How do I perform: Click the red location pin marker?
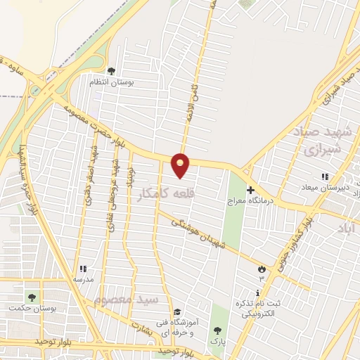181,165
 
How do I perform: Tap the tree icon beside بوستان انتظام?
111,70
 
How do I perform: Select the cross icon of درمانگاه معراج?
250,190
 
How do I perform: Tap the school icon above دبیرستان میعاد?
324,176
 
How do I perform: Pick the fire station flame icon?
262,269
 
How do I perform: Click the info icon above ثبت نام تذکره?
261,291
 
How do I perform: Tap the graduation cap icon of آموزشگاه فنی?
177,311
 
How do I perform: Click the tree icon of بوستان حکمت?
30,296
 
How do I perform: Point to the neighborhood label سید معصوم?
127,300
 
